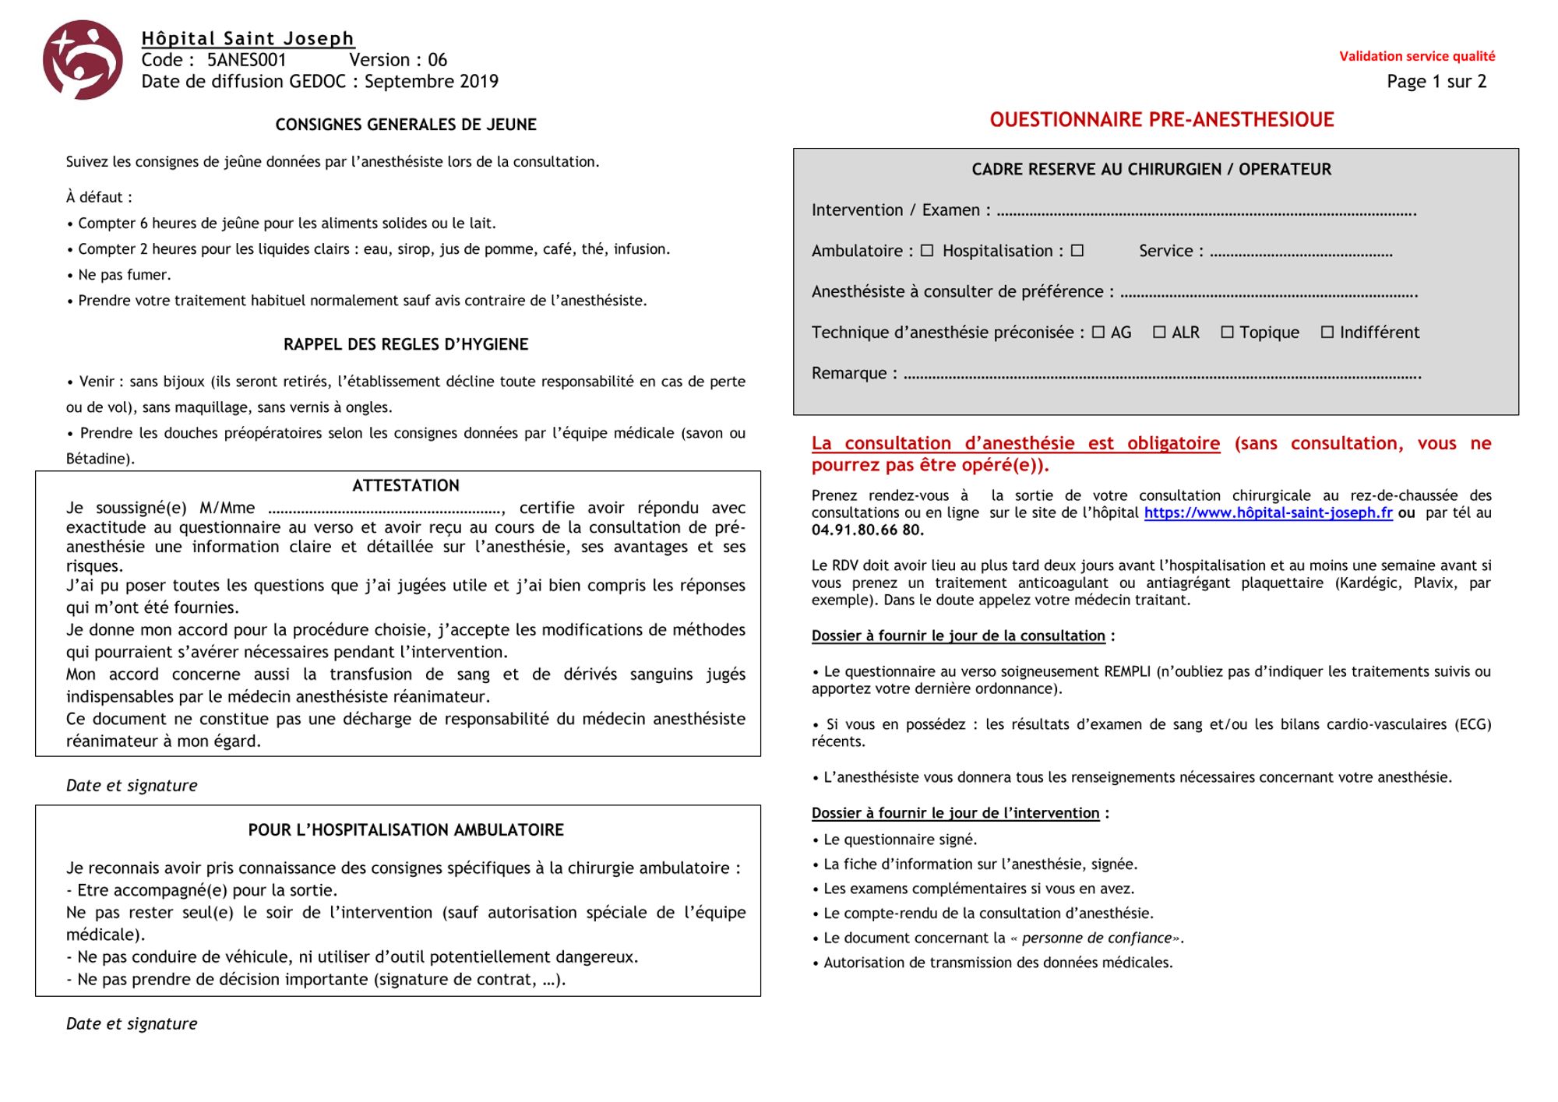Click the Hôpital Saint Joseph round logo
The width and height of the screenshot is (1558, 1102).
coord(83,60)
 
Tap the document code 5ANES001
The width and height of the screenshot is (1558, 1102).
coord(246,60)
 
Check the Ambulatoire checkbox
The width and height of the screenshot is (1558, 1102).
coord(927,251)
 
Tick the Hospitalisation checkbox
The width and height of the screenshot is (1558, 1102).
coord(1077,251)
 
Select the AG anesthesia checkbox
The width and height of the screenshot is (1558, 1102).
coord(1098,333)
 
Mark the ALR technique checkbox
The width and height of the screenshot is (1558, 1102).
coord(1159,333)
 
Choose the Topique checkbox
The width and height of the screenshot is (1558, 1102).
coord(1228,333)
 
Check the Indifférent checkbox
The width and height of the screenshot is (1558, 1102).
coord(1327,333)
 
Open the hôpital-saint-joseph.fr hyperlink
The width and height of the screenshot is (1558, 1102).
coord(1268,513)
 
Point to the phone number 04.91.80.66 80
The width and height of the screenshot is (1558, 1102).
coord(867,530)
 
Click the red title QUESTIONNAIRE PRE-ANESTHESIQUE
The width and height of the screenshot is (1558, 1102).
coord(1161,120)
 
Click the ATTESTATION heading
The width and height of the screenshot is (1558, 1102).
coord(406,486)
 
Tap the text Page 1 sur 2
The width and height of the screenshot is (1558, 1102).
coord(1436,82)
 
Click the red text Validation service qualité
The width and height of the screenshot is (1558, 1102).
coord(1417,56)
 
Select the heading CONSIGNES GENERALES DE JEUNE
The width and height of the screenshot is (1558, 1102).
coord(406,125)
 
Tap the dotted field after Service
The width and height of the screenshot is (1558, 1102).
coord(1301,253)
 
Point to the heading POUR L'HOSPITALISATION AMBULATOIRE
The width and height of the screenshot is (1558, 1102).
coord(406,830)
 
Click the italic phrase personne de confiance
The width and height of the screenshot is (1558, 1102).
coord(1097,938)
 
